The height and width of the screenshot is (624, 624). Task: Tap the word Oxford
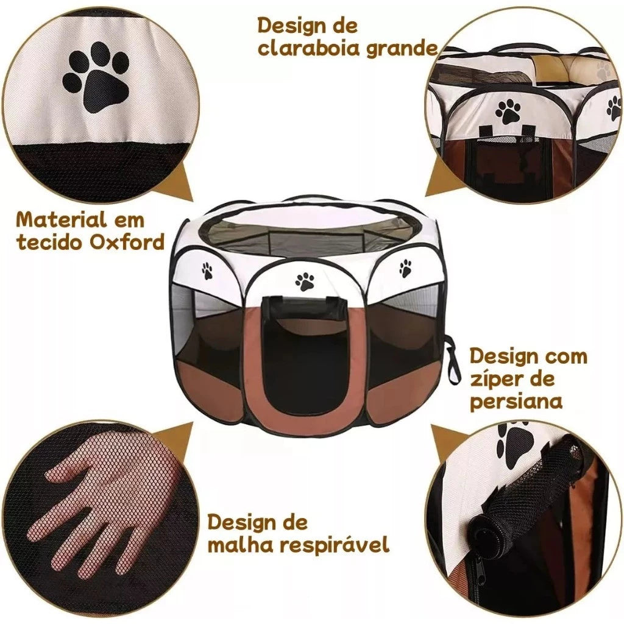[127, 242]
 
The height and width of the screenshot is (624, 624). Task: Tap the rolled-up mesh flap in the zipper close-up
[524, 487]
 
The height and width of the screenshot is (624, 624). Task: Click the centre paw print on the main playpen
[305, 280]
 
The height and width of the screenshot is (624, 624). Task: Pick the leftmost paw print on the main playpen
[207, 271]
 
